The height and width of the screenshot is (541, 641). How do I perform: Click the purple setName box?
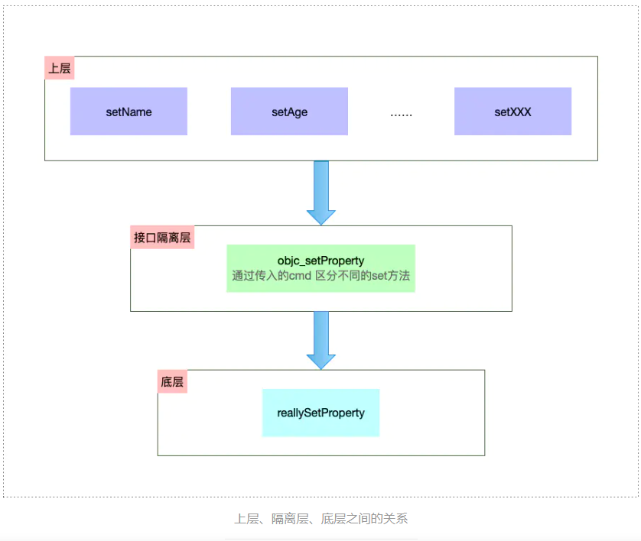pyautogui.click(x=129, y=112)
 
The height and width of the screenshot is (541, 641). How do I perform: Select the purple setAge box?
pyautogui.click(x=289, y=112)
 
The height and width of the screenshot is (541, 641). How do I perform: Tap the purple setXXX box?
pyautogui.click(x=512, y=112)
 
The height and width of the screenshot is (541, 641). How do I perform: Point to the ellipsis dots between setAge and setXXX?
pyautogui.click(x=401, y=113)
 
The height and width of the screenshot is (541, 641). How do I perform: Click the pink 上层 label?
pyautogui.click(x=60, y=68)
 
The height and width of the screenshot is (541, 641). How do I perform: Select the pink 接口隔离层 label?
pyautogui.click(x=162, y=238)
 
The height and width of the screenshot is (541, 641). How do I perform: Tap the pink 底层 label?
pyautogui.click(x=173, y=382)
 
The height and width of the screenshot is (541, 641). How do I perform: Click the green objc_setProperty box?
pyautogui.click(x=320, y=268)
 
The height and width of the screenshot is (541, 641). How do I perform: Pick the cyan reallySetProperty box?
pyautogui.click(x=320, y=413)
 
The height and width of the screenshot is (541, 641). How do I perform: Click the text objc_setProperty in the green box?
pyautogui.click(x=320, y=261)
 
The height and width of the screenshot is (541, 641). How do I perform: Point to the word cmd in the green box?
pyautogui.click(x=301, y=276)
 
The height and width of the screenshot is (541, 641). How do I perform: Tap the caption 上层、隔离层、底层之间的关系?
pyautogui.click(x=320, y=519)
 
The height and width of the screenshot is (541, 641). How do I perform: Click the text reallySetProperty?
pyautogui.click(x=320, y=413)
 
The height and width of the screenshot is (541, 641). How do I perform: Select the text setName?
pyautogui.click(x=129, y=112)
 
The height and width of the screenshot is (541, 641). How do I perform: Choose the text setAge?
pyautogui.click(x=289, y=112)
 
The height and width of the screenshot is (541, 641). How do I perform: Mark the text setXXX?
pyautogui.click(x=512, y=112)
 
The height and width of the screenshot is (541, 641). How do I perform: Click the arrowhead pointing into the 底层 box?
pyautogui.click(x=321, y=361)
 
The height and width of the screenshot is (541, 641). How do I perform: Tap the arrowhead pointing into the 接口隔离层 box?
pyautogui.click(x=321, y=216)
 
